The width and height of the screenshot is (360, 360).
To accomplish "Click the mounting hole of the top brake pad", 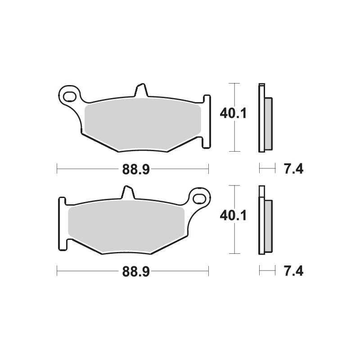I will tap(70, 96).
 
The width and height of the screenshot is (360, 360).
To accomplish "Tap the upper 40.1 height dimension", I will tap(232, 114).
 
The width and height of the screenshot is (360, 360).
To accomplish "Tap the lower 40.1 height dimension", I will tap(232, 216).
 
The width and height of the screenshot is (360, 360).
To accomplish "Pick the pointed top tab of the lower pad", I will tap(127, 191).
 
